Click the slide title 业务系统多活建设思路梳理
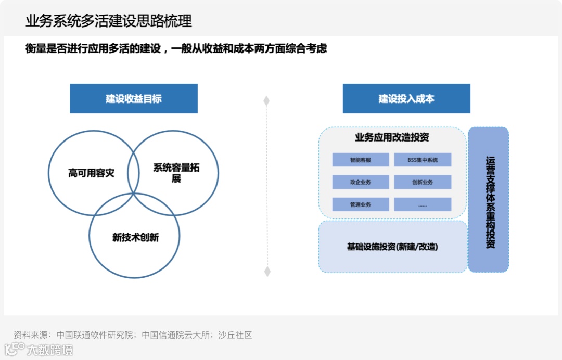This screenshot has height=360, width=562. [109, 21]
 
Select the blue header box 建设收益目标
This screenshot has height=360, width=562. [134, 98]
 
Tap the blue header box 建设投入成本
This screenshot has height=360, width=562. [406, 98]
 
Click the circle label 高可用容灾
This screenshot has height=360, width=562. [91, 173]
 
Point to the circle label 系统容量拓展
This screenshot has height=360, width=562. [176, 173]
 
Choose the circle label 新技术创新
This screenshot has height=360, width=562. [135, 238]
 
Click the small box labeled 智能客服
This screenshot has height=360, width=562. [361, 160]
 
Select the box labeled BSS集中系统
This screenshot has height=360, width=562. [423, 160]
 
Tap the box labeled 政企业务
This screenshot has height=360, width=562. [361, 182]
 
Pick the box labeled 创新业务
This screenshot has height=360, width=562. [423, 182]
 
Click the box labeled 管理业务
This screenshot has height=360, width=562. [361, 204]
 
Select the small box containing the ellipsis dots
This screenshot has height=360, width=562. [423, 204]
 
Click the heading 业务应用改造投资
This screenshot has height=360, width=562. [392, 138]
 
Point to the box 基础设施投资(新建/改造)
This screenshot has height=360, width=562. [392, 247]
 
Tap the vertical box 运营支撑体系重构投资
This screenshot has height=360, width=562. [489, 200]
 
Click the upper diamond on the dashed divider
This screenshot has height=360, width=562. [266, 101]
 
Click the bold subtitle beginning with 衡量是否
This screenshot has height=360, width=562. [176, 49]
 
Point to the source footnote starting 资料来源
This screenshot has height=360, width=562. [133, 335]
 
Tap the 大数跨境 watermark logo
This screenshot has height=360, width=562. [39, 349]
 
